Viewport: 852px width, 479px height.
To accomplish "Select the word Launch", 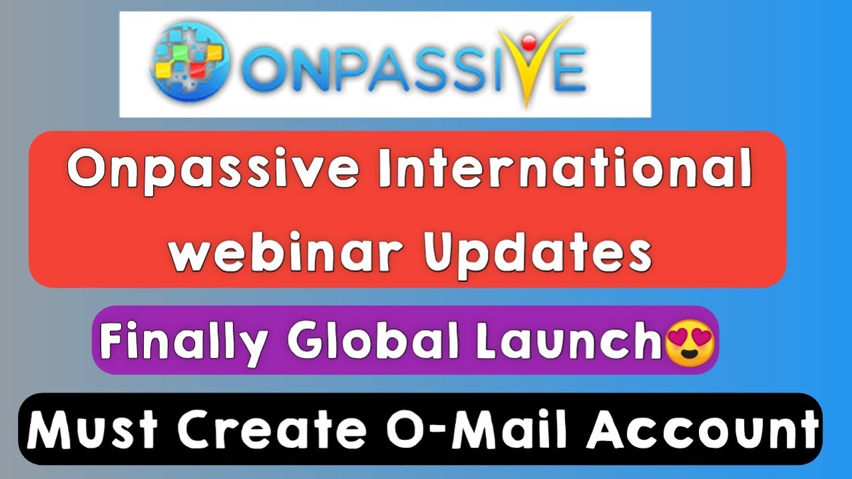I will (559, 341).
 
